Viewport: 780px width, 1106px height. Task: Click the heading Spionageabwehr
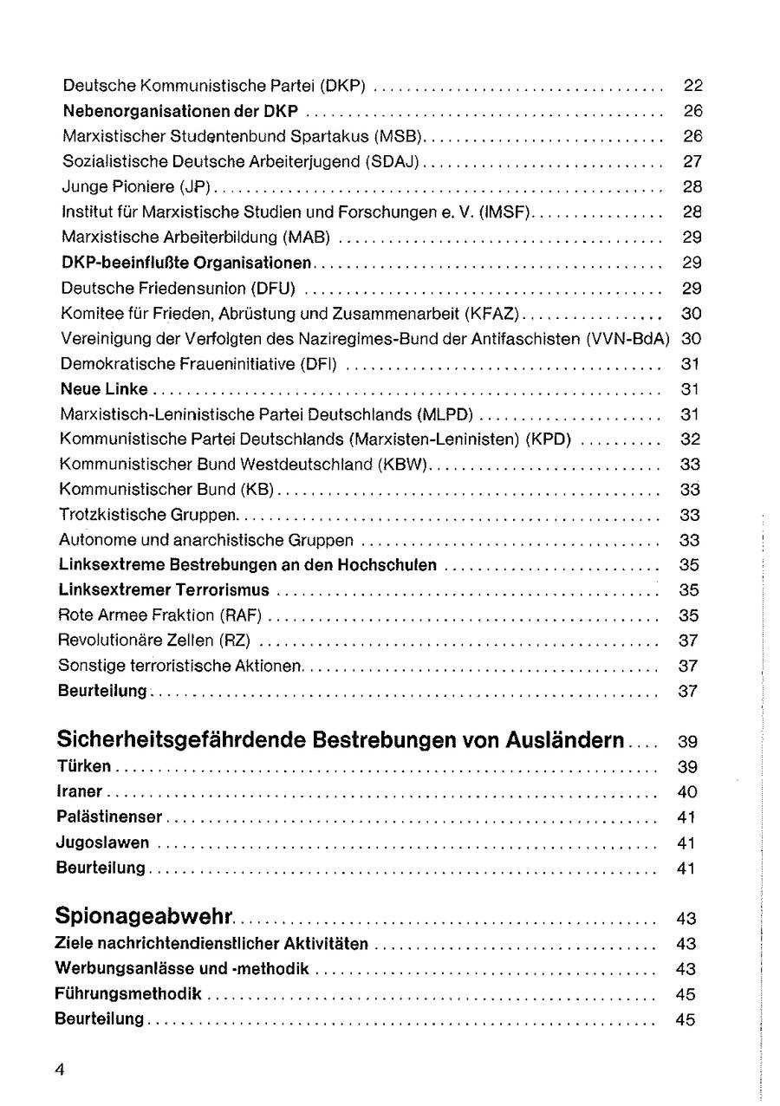(x=148, y=915)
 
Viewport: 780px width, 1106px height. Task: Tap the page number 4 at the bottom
(x=61, y=1068)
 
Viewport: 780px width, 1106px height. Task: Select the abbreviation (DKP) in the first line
(x=344, y=86)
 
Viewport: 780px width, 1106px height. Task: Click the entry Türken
(x=86, y=766)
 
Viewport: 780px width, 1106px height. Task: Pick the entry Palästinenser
(x=111, y=816)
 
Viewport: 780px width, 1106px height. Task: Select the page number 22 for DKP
(x=692, y=86)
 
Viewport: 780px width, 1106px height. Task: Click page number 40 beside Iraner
(x=686, y=791)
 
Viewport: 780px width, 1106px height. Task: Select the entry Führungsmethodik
(x=129, y=993)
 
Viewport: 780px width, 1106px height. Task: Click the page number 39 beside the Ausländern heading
(x=686, y=741)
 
